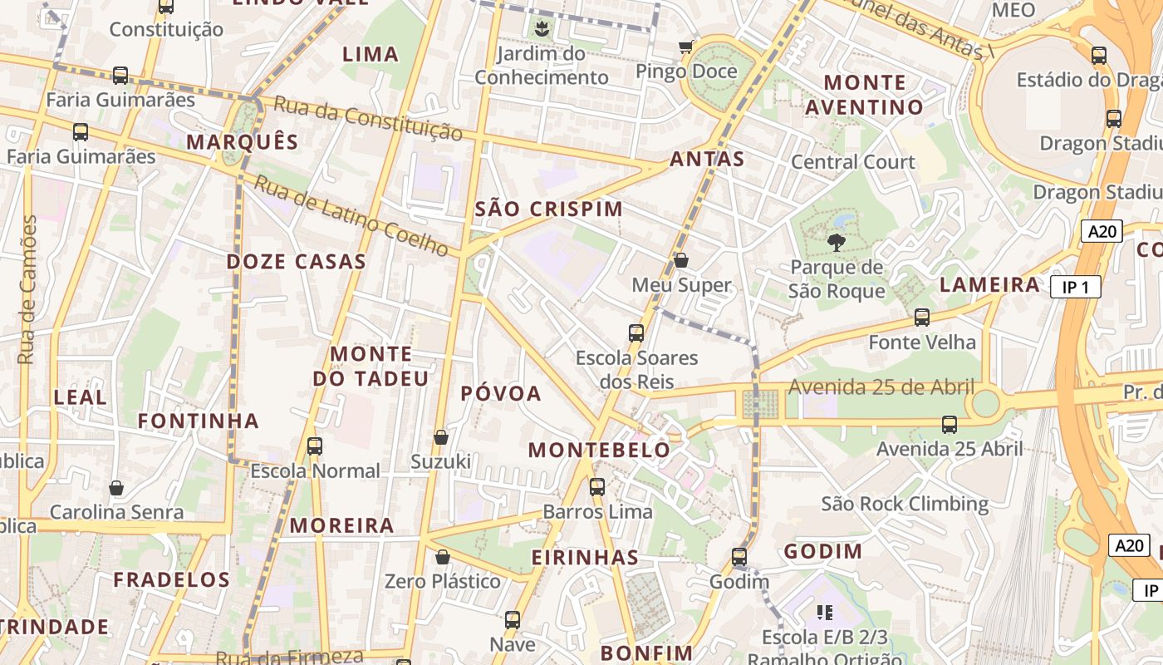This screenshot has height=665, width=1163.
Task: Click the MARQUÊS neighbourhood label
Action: coord(242,141)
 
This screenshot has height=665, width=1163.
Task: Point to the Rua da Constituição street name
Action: coord(368,118)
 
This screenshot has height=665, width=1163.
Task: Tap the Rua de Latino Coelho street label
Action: coord(351,214)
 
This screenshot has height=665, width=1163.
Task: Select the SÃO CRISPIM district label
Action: coord(548,209)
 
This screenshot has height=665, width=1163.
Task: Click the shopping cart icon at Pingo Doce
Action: coord(686,47)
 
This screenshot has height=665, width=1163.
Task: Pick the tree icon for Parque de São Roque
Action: coord(837,243)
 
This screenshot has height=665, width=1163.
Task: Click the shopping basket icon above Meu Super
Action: coord(681,260)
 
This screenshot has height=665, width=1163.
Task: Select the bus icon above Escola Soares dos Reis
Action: coord(636,333)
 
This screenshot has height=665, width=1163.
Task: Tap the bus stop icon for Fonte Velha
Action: coord(922,317)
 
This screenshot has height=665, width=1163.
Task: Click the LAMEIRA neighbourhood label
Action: coord(989,285)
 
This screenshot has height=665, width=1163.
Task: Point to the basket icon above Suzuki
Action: coord(441,436)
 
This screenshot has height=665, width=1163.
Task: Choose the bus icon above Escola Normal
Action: coord(315,446)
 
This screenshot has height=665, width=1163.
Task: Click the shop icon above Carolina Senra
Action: coord(116,487)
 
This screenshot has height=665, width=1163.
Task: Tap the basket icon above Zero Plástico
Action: coord(443,556)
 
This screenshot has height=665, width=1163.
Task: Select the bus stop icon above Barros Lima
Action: coord(597,487)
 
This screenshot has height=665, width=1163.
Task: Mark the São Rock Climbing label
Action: coord(905,504)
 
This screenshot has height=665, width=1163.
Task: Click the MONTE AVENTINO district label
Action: coord(864,95)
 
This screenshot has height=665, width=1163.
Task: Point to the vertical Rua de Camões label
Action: coord(27,289)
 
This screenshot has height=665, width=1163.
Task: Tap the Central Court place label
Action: coord(852,161)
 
